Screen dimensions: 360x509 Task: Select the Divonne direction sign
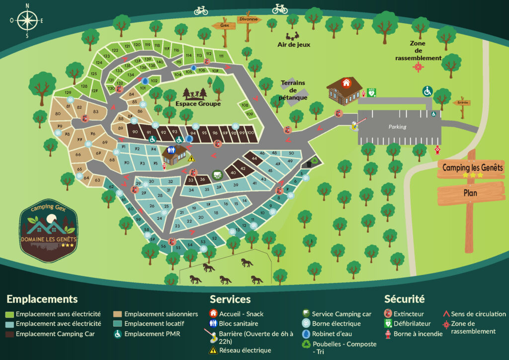[x=248, y=20]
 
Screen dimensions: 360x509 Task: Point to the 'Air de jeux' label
[x=293, y=44]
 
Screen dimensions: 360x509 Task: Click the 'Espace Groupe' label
[x=198, y=104]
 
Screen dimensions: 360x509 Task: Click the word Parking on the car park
[x=397, y=127]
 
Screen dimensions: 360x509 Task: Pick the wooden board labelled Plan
[x=470, y=193]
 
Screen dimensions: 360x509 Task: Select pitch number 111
[x=221, y=56]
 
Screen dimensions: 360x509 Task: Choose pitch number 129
[x=68, y=93]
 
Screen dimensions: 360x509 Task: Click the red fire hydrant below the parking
[x=437, y=149]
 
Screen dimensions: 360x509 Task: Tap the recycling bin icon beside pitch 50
[x=314, y=161]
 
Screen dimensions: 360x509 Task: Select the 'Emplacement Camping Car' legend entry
[x=55, y=334]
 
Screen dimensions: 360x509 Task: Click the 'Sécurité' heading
[x=404, y=299]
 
